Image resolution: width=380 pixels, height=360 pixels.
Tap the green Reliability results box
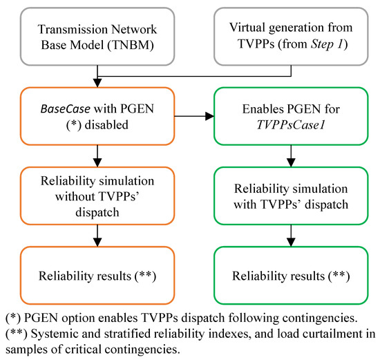click(x=285, y=276)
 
